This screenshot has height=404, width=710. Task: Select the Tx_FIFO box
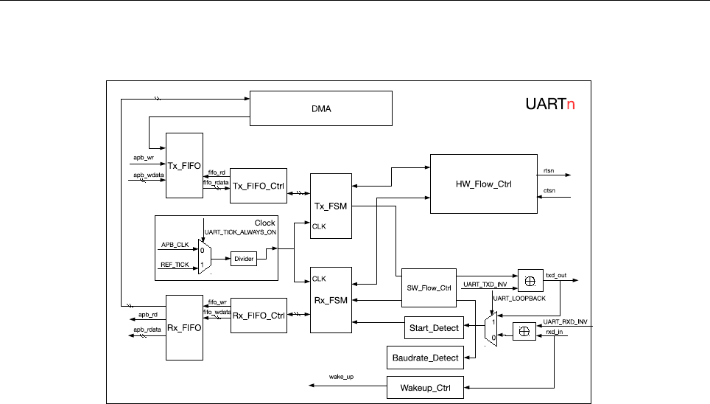click(184, 166)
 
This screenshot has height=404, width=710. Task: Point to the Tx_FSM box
click(331, 206)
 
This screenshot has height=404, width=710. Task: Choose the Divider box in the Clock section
click(243, 258)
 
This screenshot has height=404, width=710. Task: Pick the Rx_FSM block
click(331, 300)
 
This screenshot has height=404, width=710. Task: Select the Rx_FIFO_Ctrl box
click(258, 316)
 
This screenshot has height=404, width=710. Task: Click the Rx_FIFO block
click(184, 327)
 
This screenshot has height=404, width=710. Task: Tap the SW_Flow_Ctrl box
click(429, 288)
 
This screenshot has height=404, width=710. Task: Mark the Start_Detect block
click(432, 327)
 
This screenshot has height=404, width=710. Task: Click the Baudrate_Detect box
click(423, 358)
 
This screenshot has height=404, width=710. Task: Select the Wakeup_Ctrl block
click(426, 386)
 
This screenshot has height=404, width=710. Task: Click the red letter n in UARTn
click(570, 105)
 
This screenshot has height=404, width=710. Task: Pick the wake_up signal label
click(342, 377)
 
